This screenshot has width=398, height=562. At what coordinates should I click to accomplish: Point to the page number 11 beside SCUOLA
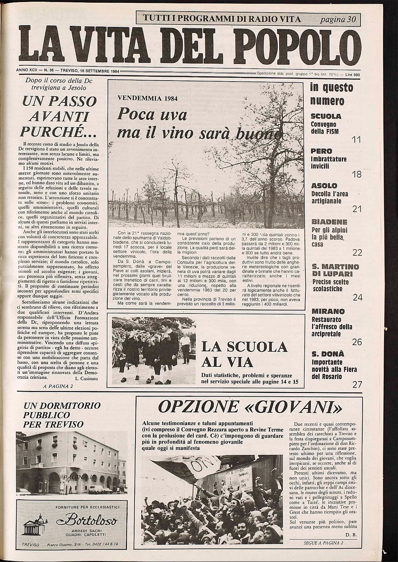pos(356,140)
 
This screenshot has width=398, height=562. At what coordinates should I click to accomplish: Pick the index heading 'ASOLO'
pos(324,186)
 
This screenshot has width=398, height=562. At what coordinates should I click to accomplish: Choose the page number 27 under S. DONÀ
pos(357,385)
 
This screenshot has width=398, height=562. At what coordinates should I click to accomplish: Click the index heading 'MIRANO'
pos(328,311)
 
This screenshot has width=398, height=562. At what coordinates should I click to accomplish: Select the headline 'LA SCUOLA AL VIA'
pos(244,354)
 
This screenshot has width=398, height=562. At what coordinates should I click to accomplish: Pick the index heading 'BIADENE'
pos(329,222)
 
